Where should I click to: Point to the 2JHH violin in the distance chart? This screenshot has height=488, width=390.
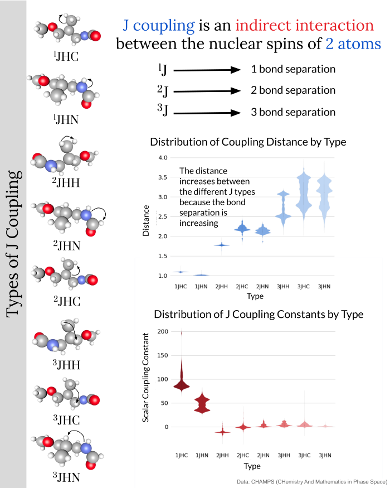click(x=222, y=245)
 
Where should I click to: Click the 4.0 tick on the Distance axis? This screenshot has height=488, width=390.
click(x=163, y=158)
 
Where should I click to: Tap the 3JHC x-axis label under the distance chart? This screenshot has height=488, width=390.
click(x=304, y=286)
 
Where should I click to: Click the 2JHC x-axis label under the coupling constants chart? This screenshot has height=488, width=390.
click(x=242, y=456)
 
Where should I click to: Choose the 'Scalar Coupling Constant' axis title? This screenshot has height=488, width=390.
click(x=147, y=376)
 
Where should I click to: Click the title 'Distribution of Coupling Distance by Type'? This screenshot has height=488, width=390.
click(x=248, y=142)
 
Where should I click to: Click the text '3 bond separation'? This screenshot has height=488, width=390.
click(x=293, y=112)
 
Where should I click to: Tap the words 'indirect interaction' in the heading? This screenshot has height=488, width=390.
click(x=304, y=25)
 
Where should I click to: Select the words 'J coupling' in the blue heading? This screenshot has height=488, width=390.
click(x=158, y=25)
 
